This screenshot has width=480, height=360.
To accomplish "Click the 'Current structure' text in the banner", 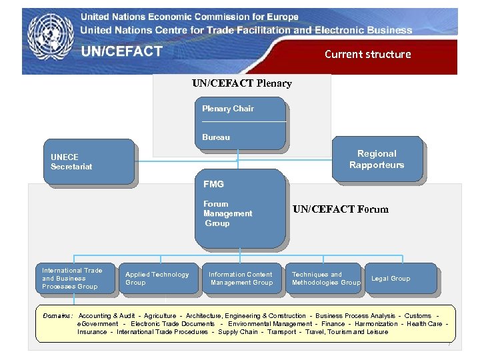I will (x=367, y=54).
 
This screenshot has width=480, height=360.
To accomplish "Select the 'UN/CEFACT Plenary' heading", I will (x=241, y=83).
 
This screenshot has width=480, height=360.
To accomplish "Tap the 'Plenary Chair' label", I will (x=228, y=109).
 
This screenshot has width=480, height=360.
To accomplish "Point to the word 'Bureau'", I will (x=216, y=137).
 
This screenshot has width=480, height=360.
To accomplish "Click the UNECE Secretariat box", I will (x=88, y=162).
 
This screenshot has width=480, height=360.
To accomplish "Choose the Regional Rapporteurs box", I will (x=377, y=159).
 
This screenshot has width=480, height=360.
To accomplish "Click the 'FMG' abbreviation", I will (x=213, y=184).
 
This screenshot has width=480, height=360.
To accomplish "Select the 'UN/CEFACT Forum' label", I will (x=340, y=209).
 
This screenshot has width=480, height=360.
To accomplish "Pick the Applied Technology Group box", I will (x=157, y=279).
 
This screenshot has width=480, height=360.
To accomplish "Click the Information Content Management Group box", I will (x=241, y=279).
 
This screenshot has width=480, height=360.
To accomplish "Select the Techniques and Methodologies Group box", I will (x=325, y=279).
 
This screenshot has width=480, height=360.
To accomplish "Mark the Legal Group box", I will (x=399, y=279).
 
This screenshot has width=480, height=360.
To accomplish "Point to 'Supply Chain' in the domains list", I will (x=237, y=331).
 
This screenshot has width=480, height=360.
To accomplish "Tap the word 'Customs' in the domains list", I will (x=418, y=315).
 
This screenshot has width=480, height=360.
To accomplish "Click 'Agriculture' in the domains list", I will (x=160, y=315).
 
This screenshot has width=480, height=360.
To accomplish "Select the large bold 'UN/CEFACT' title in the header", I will (x=122, y=51).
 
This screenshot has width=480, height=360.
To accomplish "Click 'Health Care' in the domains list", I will (x=425, y=323).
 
